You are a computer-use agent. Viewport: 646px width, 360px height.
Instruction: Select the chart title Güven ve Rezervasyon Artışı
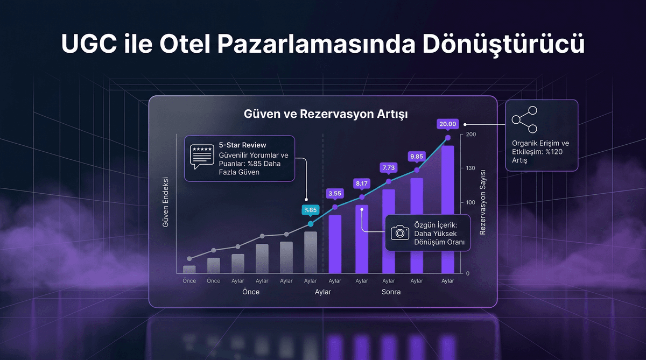(x=325, y=115)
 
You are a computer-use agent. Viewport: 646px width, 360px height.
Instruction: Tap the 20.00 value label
(x=448, y=124)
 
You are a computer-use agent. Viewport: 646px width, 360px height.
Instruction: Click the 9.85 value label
(x=417, y=157)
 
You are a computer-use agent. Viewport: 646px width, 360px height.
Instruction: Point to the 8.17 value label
(x=361, y=183)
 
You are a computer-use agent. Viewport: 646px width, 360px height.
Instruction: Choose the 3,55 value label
(x=335, y=194)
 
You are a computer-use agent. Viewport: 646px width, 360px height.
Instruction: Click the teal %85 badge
(x=311, y=210)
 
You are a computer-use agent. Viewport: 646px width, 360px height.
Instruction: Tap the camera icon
(x=399, y=232)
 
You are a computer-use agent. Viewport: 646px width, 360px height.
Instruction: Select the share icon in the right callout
(x=524, y=121)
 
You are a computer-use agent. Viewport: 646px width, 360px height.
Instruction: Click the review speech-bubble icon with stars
(x=202, y=156)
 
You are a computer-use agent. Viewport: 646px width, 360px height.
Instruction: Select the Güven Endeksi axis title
(x=166, y=202)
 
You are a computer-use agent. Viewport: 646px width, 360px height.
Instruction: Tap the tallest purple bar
(x=447, y=210)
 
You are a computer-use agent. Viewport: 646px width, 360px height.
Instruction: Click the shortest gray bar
(x=189, y=269)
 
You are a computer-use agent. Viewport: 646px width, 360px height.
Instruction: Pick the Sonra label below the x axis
(x=391, y=292)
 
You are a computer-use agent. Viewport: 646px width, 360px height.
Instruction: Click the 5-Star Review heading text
(x=242, y=145)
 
